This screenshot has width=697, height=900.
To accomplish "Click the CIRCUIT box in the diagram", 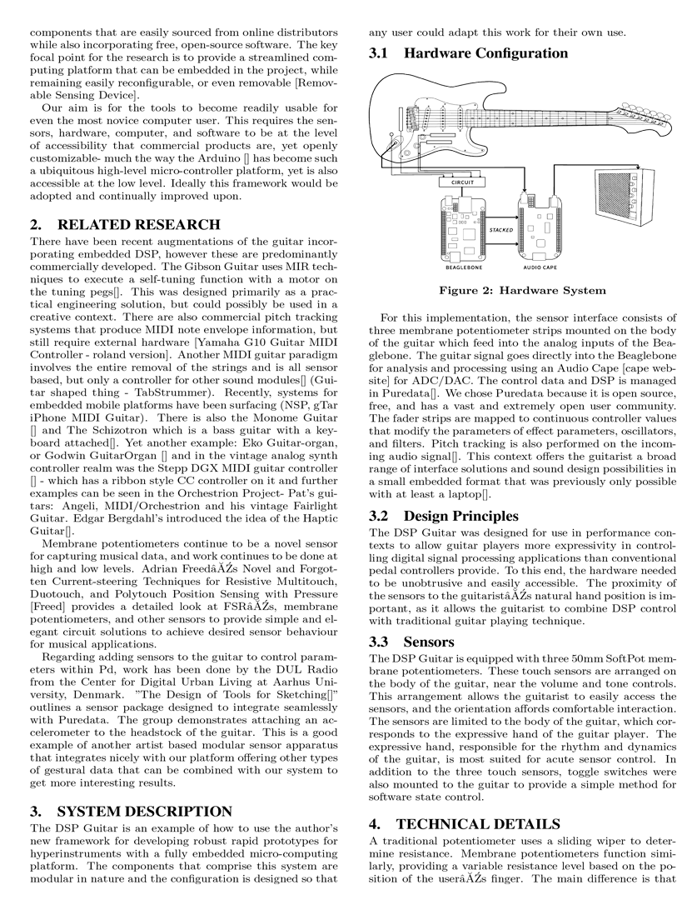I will tap(457, 181).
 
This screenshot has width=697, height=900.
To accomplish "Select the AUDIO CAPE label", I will tap(539, 268).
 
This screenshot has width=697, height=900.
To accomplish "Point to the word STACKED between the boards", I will tap(501, 228).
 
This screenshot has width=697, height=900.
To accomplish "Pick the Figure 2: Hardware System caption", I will tap(522, 291).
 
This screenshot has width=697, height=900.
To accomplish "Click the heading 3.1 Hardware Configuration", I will tap(468, 54).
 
